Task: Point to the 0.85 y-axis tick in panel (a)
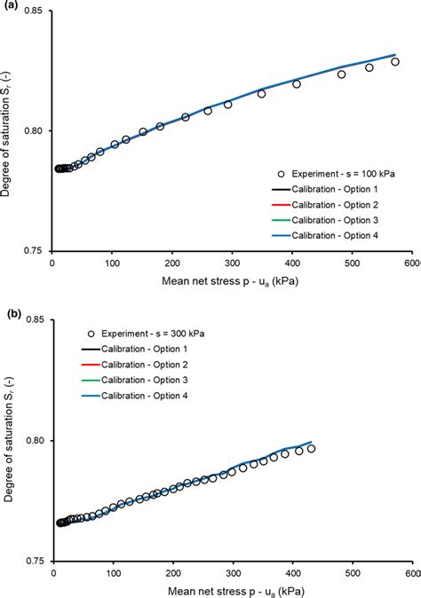tap(34, 12)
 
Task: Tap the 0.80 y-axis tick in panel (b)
tap(34, 441)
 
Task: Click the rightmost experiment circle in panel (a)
tap(395, 62)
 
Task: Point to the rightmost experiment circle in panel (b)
tap(311, 448)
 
